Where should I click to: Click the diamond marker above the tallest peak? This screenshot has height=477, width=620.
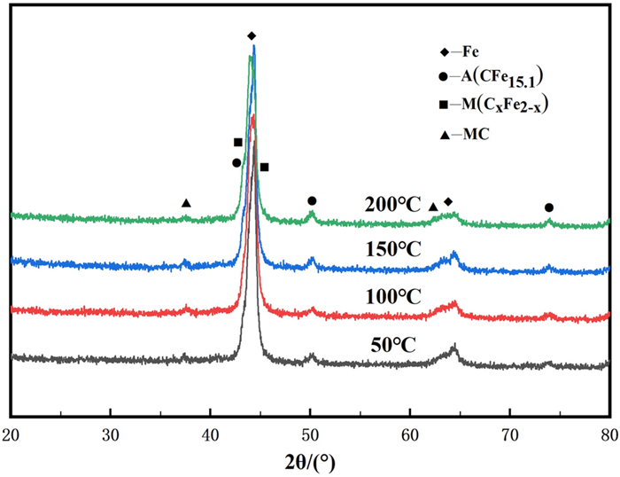pos(252,36)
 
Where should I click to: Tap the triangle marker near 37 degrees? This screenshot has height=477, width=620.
pos(186,204)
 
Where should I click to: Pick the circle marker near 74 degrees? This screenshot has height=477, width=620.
pos(549,207)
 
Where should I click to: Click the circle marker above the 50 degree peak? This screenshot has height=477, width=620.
pos(312,201)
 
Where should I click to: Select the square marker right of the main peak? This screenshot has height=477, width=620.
pos(264,167)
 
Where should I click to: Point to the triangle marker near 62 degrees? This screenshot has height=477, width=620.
pos(433,207)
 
